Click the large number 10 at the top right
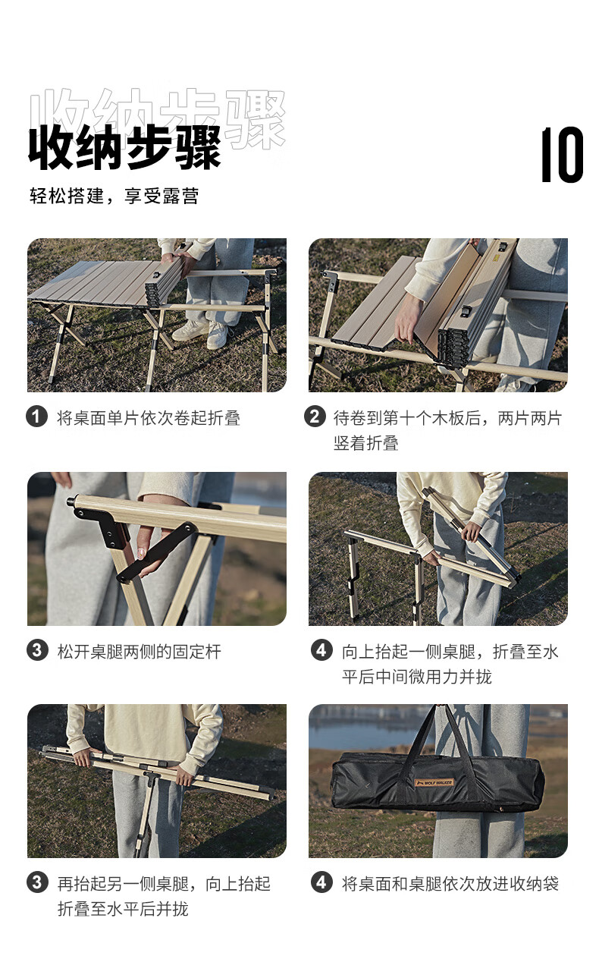pos(562,154)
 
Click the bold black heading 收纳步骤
pos(124,148)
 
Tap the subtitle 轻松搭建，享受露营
pos(114,196)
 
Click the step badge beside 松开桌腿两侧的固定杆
pos(37,651)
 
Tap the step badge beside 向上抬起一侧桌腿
pos(321,651)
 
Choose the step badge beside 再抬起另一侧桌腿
pos(37,883)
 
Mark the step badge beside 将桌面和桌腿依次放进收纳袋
pos(321,883)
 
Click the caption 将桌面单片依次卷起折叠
pos(149,418)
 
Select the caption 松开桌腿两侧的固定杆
pos(140,652)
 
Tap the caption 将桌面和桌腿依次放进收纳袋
pos(450,884)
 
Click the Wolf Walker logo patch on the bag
pos(434,783)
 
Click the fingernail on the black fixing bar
pos(140,554)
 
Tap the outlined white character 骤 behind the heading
pos(256,120)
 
